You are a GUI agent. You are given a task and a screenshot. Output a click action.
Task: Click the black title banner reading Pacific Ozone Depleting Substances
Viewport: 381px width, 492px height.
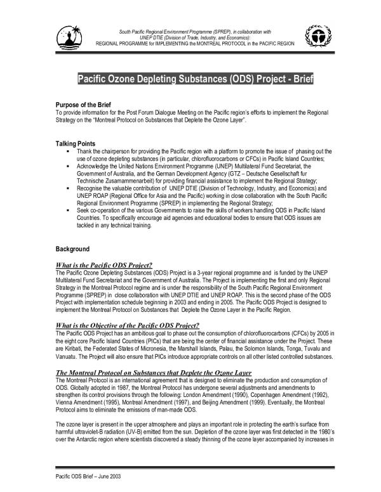pyautogui.click(x=195, y=81)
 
